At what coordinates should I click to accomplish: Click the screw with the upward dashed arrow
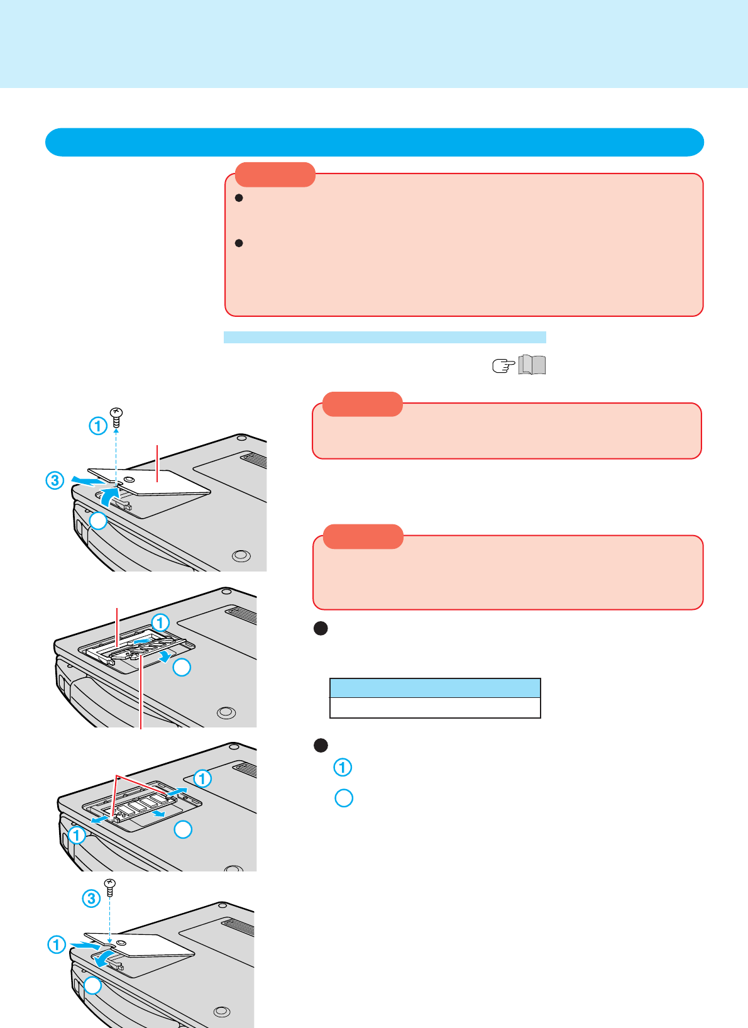click(116, 414)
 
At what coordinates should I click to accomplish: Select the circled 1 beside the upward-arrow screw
click(97, 426)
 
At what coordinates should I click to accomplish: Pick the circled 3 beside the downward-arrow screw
click(91, 898)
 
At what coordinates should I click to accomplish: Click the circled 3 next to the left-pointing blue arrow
click(55, 481)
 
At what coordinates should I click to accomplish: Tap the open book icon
click(532, 365)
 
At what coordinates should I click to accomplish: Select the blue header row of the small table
click(435, 688)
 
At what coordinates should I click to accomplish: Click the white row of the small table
click(435, 707)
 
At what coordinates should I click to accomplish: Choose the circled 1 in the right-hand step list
click(343, 767)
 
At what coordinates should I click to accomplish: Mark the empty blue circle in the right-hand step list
click(344, 798)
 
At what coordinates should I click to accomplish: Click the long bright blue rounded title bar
click(374, 142)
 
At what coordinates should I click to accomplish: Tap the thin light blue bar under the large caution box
click(385, 337)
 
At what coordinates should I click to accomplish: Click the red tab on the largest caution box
click(275, 175)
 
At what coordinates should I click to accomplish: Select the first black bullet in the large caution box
click(238, 198)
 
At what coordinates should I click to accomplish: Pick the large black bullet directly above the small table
click(321, 628)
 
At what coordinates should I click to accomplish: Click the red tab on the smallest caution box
click(362, 404)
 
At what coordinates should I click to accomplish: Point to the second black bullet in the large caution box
click(238, 243)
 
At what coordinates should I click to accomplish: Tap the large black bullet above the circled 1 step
click(321, 745)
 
